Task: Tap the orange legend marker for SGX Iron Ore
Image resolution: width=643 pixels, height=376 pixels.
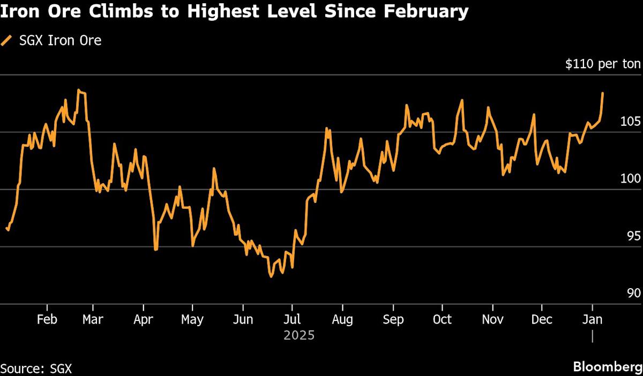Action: [x=6, y=40]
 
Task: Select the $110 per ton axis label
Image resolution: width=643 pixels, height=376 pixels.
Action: [x=603, y=64]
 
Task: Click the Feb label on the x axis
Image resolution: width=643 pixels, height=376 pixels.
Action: [x=47, y=320]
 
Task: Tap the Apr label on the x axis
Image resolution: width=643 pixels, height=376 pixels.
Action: [x=143, y=320]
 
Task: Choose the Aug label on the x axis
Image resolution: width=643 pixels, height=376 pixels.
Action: [x=342, y=320]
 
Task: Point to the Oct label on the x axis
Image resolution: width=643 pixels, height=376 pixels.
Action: [x=442, y=320]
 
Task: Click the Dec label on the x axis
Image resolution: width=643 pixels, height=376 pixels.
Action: [x=542, y=320]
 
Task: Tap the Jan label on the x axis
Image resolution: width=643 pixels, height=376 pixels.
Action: [x=592, y=320]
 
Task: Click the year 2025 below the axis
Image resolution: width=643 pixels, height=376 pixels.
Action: [x=299, y=336]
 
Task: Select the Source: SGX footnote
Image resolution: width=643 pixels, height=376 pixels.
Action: [x=36, y=368]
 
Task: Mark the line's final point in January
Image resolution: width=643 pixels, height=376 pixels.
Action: [x=603, y=93]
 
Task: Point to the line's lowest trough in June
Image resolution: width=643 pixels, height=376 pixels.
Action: [x=271, y=276]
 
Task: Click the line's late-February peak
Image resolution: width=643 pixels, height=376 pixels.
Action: [x=78, y=90]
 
